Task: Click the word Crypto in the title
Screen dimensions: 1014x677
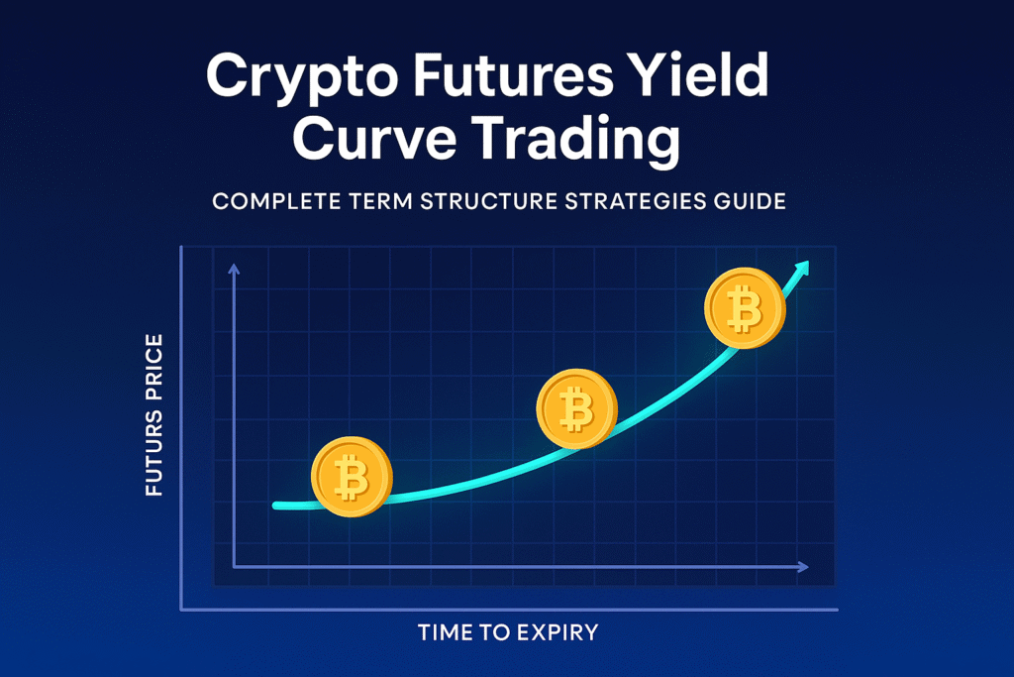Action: (301, 78)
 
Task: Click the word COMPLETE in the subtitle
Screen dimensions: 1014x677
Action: (276, 201)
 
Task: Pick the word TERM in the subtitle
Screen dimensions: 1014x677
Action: (381, 201)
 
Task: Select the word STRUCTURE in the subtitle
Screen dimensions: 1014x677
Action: (488, 201)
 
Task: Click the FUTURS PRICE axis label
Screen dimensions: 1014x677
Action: (153, 415)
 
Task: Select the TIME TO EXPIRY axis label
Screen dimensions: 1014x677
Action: (508, 632)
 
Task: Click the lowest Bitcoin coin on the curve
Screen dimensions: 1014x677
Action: (352, 477)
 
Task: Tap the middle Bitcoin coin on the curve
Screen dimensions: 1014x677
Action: (577, 409)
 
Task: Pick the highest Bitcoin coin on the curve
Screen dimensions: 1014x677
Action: (745, 308)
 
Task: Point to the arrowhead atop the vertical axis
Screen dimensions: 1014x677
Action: (234, 269)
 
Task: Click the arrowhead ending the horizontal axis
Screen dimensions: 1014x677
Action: (803, 567)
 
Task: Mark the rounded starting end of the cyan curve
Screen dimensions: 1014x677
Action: (276, 506)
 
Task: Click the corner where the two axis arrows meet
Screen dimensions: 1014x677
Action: (234, 567)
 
